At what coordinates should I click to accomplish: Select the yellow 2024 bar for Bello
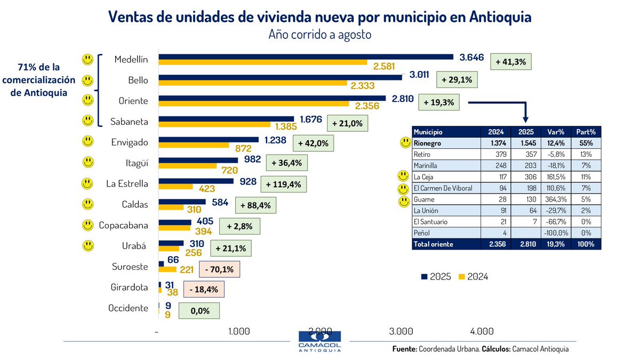coord(253,84)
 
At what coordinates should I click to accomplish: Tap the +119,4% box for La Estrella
coord(283,185)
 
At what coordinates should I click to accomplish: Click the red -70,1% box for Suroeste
coord(219,269)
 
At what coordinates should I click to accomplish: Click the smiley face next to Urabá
coord(87,245)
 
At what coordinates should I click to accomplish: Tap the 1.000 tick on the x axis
coord(239,331)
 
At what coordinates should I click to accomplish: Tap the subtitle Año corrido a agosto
coord(319,35)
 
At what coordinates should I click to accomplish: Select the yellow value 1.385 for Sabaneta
coord(287,126)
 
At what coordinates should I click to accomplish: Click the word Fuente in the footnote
coord(403,349)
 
